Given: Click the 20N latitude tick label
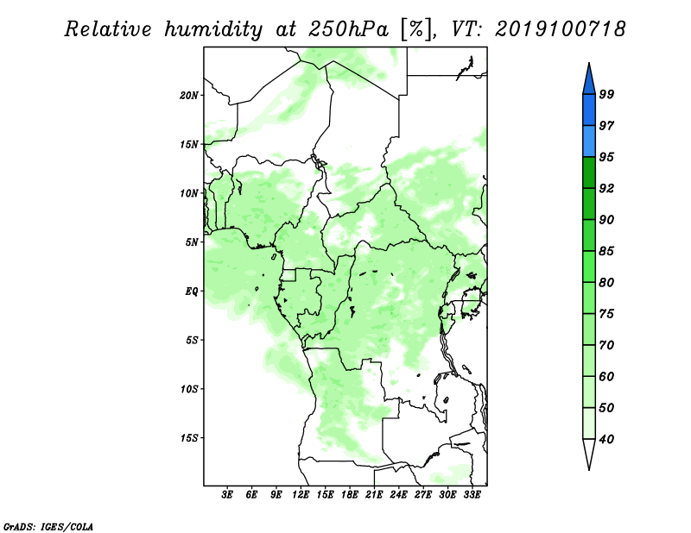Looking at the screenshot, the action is coord(189,95).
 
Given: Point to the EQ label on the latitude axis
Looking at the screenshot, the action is coord(192,291).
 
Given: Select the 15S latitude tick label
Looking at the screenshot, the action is coord(189,438).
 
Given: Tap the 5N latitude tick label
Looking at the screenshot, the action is coord(192,242).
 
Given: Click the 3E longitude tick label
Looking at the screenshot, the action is coord(227,495).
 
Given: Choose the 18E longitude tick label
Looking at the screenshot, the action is coord(350,495).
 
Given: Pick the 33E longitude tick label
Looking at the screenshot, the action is coord(472,495).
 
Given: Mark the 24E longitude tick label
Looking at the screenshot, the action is coord(398,495).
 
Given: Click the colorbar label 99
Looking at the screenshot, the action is coord(606,94).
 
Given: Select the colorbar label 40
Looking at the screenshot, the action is coord(606,439).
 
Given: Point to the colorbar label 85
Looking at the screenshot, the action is coord(606,251).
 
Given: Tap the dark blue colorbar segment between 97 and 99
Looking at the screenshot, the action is coord(589,110).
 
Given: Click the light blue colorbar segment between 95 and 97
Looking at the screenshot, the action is coord(589,141).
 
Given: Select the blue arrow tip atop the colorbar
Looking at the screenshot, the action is coord(589,63).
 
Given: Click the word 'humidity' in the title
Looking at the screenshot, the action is coord(213,29).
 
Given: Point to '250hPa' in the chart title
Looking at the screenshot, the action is coord(348,29).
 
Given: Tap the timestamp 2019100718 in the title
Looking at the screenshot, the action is coord(560,29).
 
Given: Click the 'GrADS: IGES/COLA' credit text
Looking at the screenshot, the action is coord(48,526).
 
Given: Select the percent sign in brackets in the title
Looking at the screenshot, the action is coord(417,29).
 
